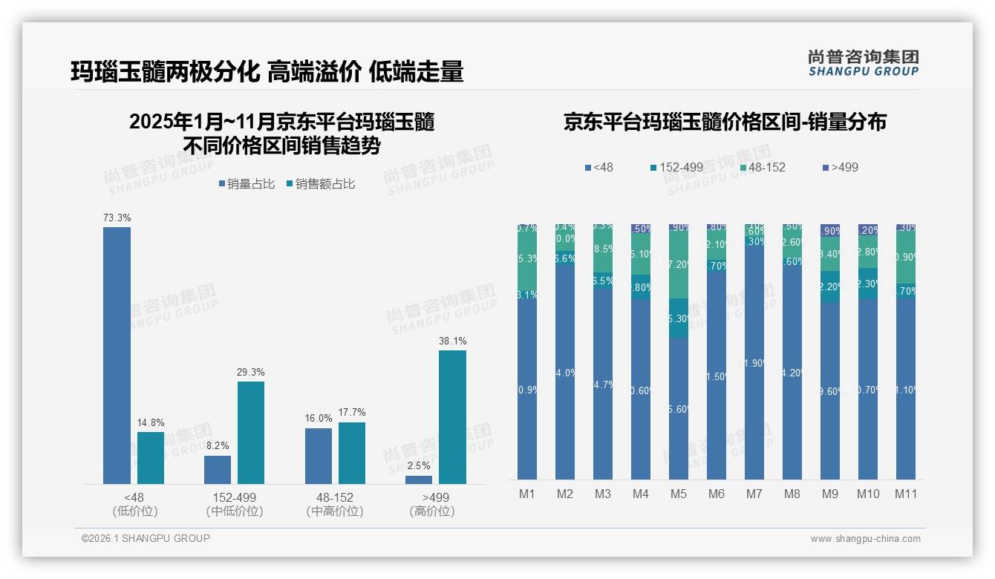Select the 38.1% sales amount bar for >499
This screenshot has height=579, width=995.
452,416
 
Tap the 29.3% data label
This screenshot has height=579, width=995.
250,372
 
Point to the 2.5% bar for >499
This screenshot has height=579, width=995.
419,480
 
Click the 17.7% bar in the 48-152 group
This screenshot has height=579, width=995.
352,453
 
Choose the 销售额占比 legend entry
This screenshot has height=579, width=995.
320,184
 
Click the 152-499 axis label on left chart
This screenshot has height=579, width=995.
234,497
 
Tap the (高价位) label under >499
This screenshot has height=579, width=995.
431,511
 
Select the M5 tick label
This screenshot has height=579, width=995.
678,494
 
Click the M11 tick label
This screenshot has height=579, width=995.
905,494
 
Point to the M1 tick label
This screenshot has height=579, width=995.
526,494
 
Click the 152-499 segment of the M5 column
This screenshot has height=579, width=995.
678,318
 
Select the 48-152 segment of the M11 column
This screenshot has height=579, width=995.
905,256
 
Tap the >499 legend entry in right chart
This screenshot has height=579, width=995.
839,167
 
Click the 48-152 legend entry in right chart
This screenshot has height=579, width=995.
760,167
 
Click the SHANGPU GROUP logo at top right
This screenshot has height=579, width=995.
863,63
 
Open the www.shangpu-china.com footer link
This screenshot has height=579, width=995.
865,539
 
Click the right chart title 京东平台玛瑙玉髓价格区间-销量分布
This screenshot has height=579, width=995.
725,122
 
